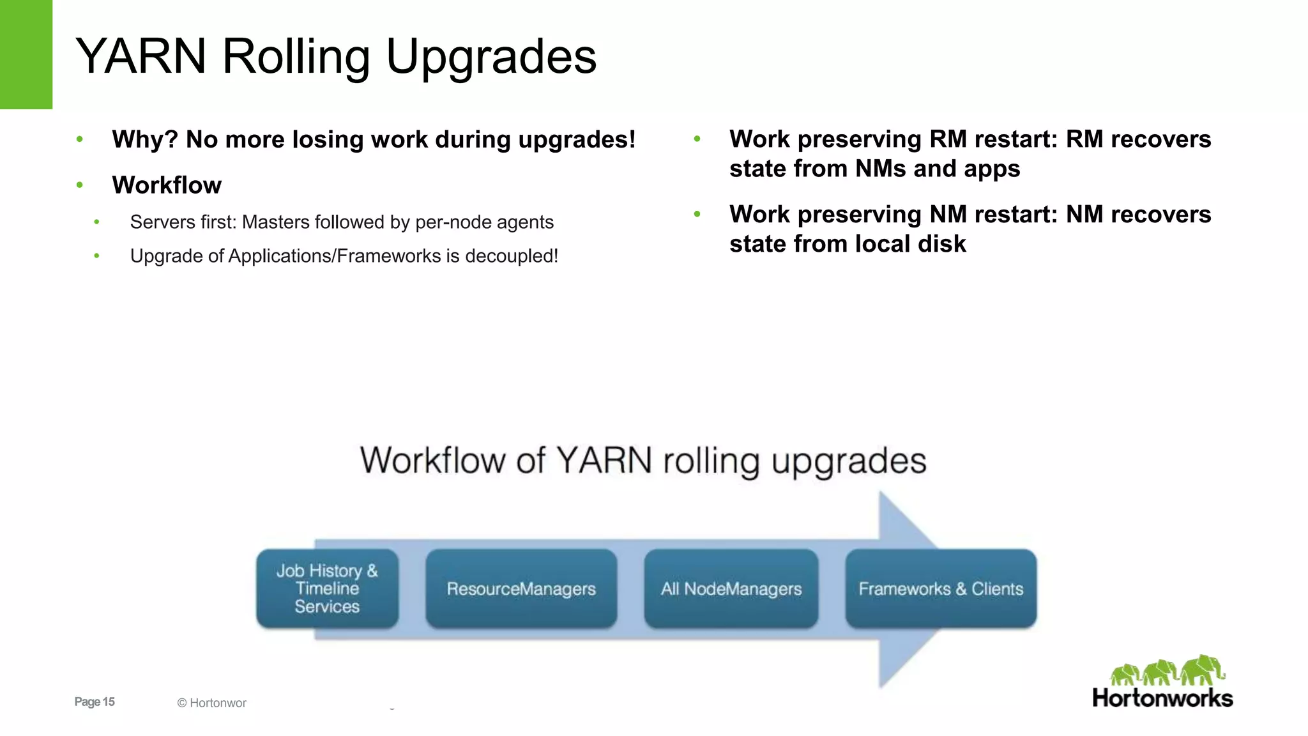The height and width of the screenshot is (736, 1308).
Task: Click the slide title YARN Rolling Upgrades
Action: tap(336, 56)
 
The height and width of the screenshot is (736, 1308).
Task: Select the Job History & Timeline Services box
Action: tap(327, 588)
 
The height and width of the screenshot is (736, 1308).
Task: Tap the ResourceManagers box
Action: tap(521, 588)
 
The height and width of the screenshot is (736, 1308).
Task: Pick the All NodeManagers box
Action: tap(731, 588)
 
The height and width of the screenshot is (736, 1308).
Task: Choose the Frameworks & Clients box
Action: tap(941, 588)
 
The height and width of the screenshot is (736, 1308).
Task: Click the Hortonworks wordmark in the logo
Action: tap(1162, 698)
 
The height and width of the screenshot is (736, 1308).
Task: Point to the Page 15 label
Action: tap(95, 701)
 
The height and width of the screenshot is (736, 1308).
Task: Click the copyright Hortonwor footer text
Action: tap(211, 703)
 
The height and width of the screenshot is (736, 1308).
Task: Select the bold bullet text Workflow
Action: tap(167, 185)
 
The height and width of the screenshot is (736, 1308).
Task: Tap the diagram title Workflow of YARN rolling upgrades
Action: tap(643, 460)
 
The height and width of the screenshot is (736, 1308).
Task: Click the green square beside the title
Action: tap(26, 54)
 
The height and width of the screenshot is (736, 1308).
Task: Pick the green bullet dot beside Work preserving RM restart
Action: tap(697, 139)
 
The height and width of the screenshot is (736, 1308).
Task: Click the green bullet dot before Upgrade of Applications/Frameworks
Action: tap(96, 256)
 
